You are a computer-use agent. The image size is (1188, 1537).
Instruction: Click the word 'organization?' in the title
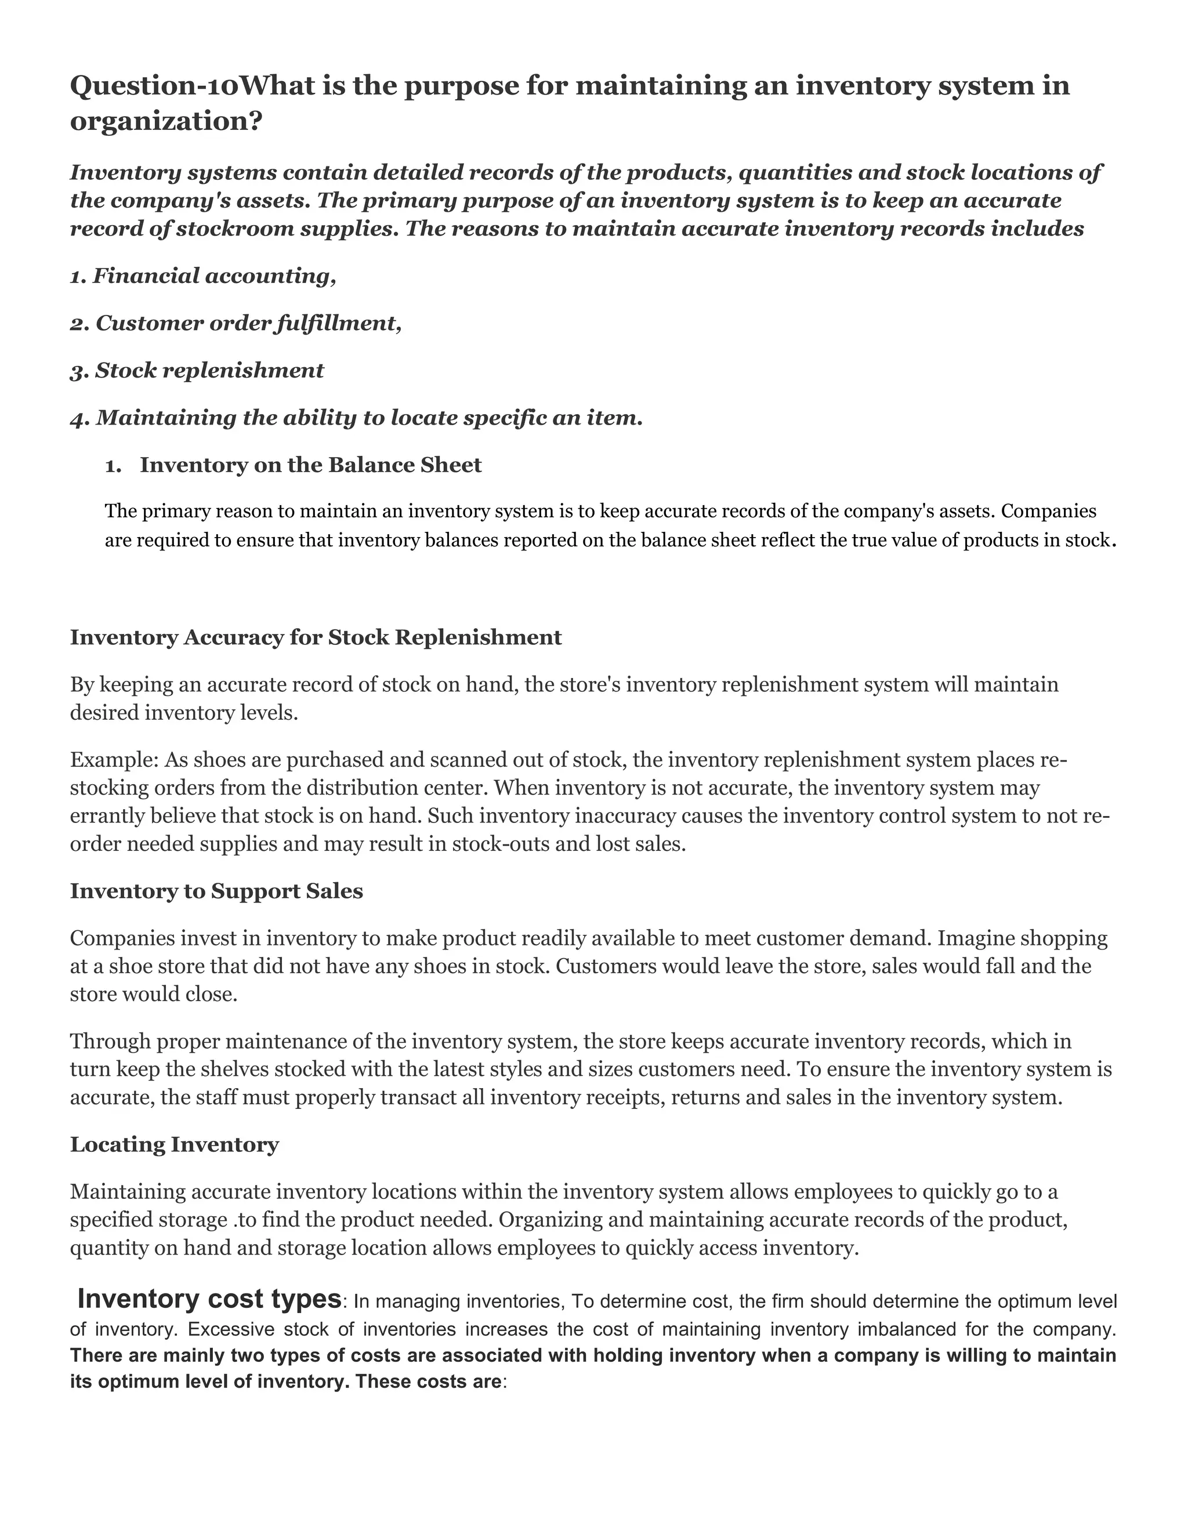[166, 121]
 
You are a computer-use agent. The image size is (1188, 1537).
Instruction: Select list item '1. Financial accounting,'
[202, 276]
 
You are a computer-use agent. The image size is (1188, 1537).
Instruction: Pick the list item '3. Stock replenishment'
[197, 370]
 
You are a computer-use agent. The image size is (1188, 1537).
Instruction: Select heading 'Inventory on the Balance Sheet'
[310, 465]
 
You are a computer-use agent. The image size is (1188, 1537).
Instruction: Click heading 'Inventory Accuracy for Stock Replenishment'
[316, 637]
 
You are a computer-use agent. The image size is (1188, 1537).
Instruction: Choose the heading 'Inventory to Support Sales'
[216, 891]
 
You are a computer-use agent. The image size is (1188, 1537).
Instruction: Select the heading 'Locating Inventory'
[175, 1144]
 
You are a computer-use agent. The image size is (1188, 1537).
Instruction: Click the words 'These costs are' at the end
[429, 1382]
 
